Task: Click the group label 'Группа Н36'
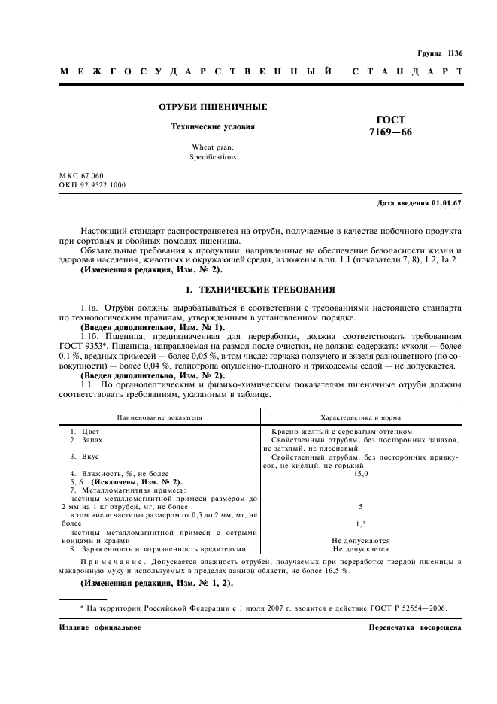pos(439,55)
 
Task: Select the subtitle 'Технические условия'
pos(212,126)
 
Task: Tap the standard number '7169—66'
pos(390,132)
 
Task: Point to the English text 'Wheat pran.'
pos(213,148)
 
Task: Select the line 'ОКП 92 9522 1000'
pos(92,184)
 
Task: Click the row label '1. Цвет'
pos(79,431)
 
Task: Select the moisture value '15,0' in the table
pos(360,473)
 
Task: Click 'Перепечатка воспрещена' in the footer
pos(416,627)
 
